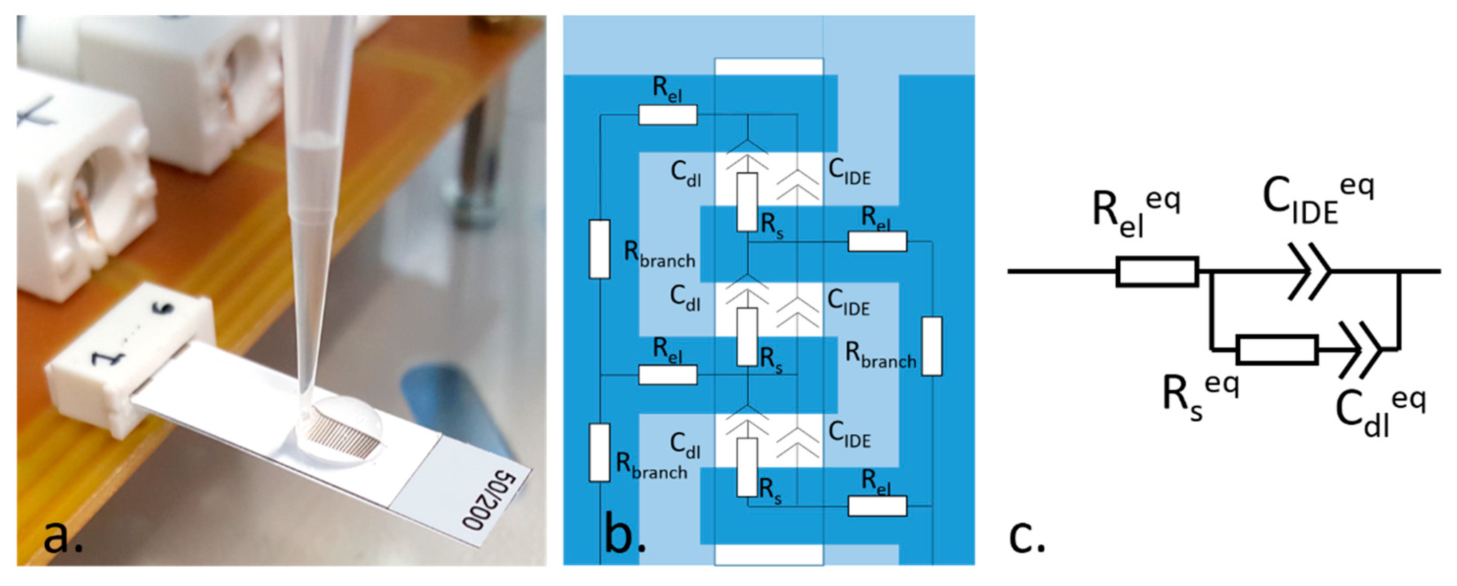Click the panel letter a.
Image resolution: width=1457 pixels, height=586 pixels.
[x=62, y=536]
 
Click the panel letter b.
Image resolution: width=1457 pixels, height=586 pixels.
[x=624, y=536]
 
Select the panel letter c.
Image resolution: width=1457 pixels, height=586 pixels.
[x=1027, y=536]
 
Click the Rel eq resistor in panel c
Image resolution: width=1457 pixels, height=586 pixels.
[x=1157, y=272]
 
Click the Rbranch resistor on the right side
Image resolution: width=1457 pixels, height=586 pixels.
[x=932, y=346]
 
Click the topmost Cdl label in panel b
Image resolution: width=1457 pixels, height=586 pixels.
[x=685, y=173]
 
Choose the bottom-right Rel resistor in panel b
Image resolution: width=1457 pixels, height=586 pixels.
[x=877, y=506]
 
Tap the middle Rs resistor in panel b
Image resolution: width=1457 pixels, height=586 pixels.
[x=747, y=337]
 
